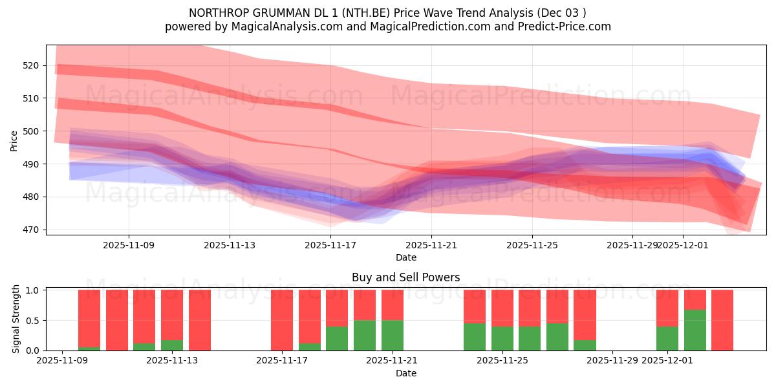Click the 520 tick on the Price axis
pyautogui.click(x=31, y=65)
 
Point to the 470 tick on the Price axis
pyautogui.click(x=31, y=230)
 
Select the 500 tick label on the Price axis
pyautogui.click(x=31, y=131)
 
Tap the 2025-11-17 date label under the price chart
pyautogui.click(x=330, y=246)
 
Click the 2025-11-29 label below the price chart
pyautogui.click(x=632, y=246)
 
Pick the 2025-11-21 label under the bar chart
pyautogui.click(x=393, y=361)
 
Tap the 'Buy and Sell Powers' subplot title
pyautogui.click(x=405, y=277)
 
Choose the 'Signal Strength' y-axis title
pyautogui.click(x=17, y=319)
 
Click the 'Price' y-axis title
pyautogui.click(x=14, y=140)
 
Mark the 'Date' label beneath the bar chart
pyautogui.click(x=405, y=373)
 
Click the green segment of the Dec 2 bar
pyautogui.click(x=695, y=330)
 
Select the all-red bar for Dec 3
pyautogui.click(x=722, y=320)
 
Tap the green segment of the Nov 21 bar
pyautogui.click(x=393, y=335)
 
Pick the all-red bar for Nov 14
pyautogui.click(x=200, y=320)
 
